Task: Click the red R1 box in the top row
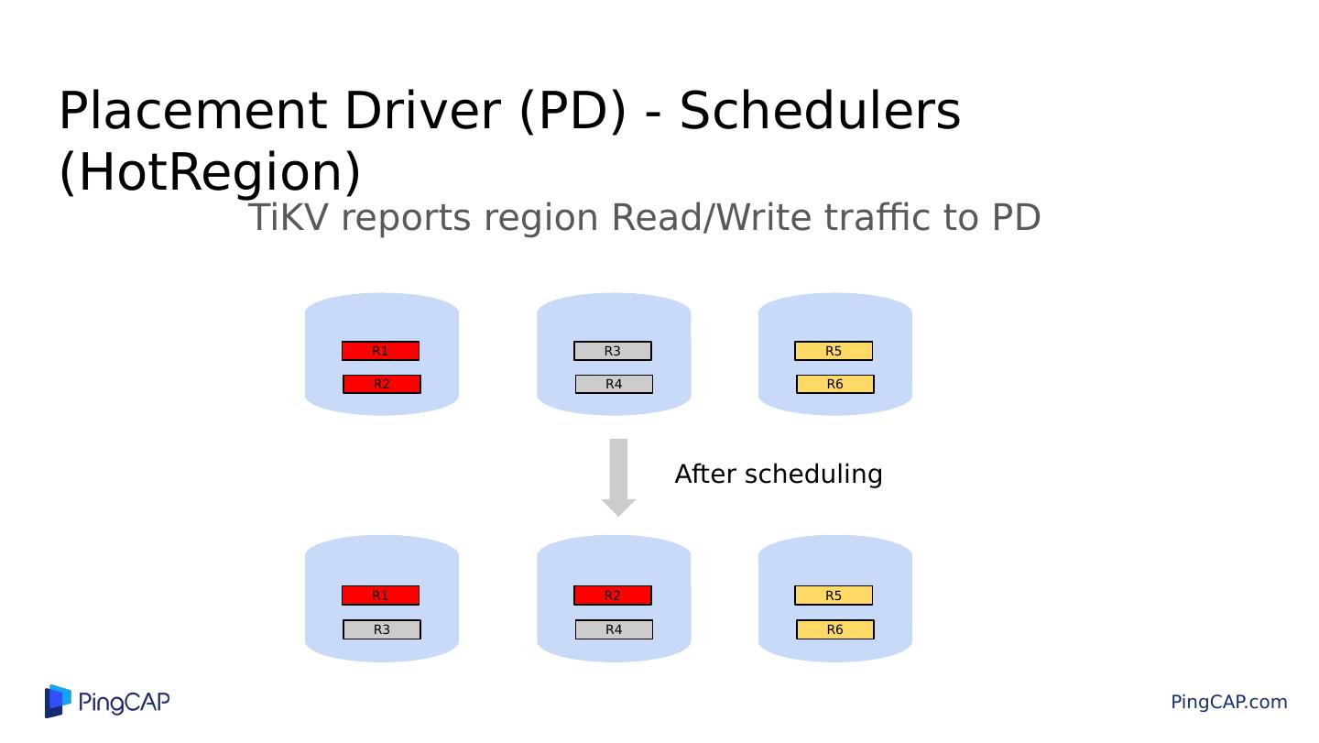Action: point(380,351)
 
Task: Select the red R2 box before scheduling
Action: point(382,384)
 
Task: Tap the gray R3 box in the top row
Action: point(613,351)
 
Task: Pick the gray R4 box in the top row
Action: point(614,384)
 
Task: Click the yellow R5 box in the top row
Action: point(834,351)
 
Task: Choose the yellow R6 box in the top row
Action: point(835,384)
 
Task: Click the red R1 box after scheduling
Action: point(380,595)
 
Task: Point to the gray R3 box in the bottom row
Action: point(382,629)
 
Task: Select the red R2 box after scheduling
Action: point(613,595)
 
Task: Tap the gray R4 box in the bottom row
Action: point(614,629)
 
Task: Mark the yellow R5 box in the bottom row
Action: point(834,595)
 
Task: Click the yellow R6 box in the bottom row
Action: point(835,629)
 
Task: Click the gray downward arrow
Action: point(618,476)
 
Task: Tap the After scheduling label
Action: point(779,475)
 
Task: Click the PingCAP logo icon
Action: point(58,701)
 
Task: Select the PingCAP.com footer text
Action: point(1228,702)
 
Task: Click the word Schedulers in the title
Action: point(820,111)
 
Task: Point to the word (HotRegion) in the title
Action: point(210,171)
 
